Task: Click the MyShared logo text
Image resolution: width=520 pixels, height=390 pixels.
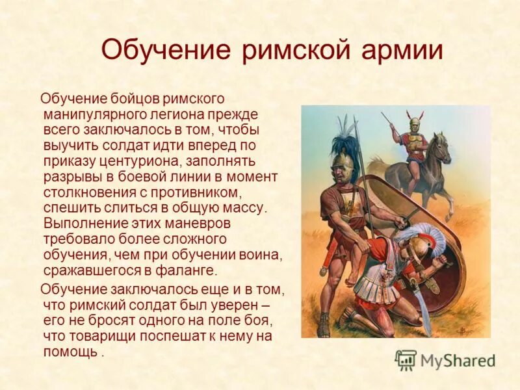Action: click(x=458, y=360)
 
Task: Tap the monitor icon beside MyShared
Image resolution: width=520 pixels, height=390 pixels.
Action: click(x=406, y=359)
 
